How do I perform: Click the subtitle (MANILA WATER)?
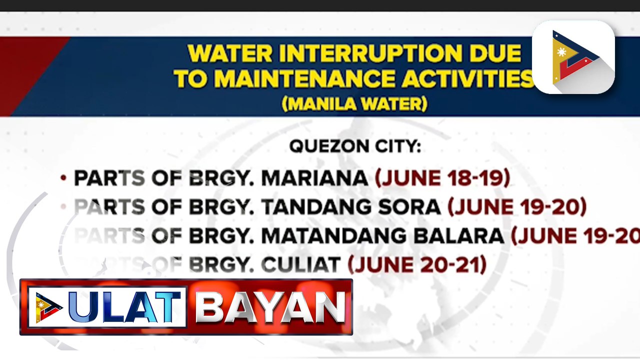(x=354, y=104)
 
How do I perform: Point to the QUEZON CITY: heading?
(x=355, y=146)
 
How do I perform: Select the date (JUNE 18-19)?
(x=442, y=178)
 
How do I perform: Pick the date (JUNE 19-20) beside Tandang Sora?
(x=517, y=207)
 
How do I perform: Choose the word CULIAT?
(x=301, y=264)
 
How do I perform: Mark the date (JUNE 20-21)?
(x=417, y=264)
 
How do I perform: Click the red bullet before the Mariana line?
(x=63, y=178)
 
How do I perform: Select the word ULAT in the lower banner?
(x=125, y=307)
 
